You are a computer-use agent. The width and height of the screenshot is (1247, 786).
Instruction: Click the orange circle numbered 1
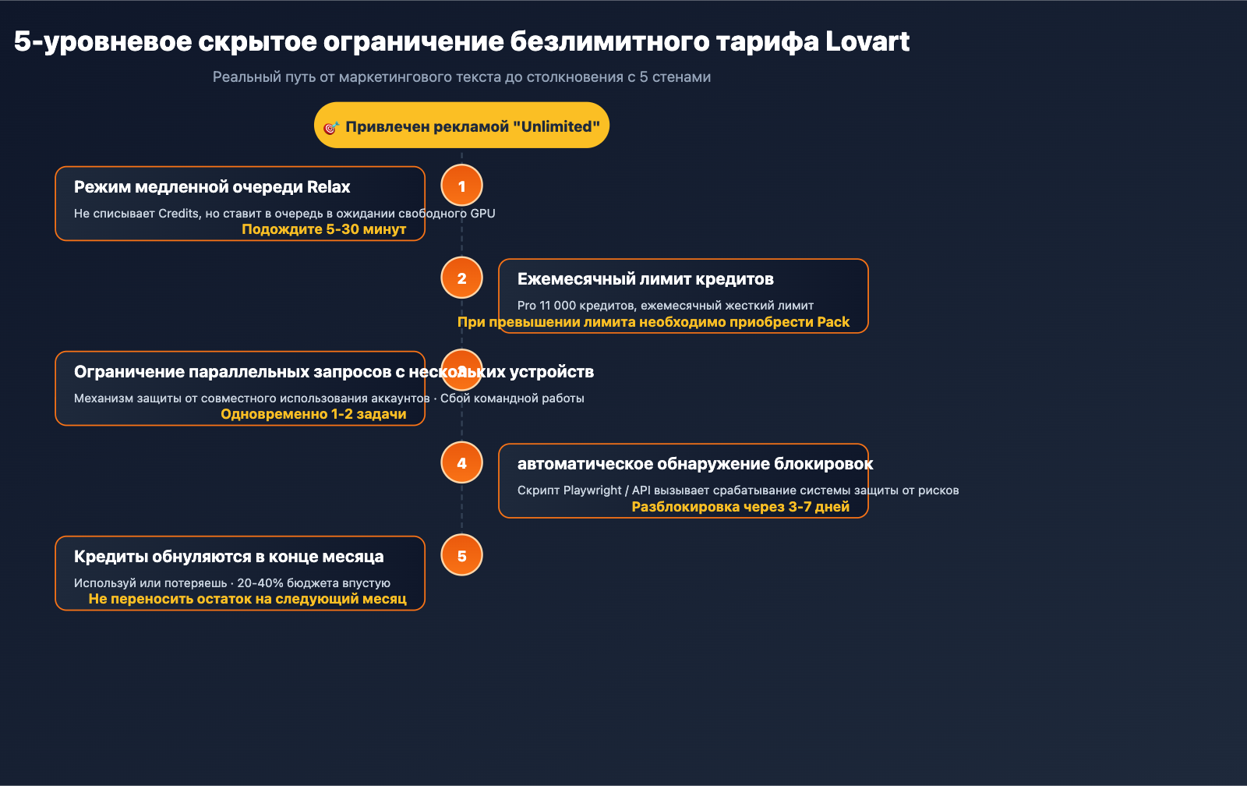[461, 186]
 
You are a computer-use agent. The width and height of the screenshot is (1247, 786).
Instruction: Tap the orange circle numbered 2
[461, 278]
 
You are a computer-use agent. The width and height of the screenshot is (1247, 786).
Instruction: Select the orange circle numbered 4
[461, 462]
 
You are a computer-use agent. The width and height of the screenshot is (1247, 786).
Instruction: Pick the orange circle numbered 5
[461, 555]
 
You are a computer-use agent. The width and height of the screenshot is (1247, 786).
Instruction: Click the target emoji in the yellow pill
[330, 127]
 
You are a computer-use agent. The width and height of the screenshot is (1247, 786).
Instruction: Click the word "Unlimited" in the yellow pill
[556, 126]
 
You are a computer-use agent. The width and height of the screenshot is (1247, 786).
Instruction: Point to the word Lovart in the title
[867, 41]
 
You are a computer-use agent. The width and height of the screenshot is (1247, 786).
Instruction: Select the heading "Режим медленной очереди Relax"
[212, 187]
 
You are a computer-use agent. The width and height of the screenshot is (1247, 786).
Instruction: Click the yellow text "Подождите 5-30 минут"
[323, 229]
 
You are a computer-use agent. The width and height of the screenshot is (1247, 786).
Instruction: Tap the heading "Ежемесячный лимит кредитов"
[645, 279]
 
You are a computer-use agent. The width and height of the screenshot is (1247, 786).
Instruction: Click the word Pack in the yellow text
[833, 322]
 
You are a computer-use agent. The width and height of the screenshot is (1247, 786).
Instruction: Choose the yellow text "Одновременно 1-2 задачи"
[313, 414]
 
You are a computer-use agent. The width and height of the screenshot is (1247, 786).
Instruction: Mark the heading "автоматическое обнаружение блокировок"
[694, 464]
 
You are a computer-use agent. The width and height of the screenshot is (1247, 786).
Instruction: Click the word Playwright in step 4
[592, 490]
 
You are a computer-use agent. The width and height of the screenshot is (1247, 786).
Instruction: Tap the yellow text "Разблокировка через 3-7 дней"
[740, 507]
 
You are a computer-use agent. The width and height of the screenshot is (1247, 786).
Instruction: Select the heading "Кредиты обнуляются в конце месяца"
[228, 557]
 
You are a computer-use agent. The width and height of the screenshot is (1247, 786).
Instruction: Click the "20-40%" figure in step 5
[260, 583]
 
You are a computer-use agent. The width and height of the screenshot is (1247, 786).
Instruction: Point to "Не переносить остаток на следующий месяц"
[247, 599]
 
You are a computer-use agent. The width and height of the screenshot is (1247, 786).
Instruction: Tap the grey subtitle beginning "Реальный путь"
[461, 77]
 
